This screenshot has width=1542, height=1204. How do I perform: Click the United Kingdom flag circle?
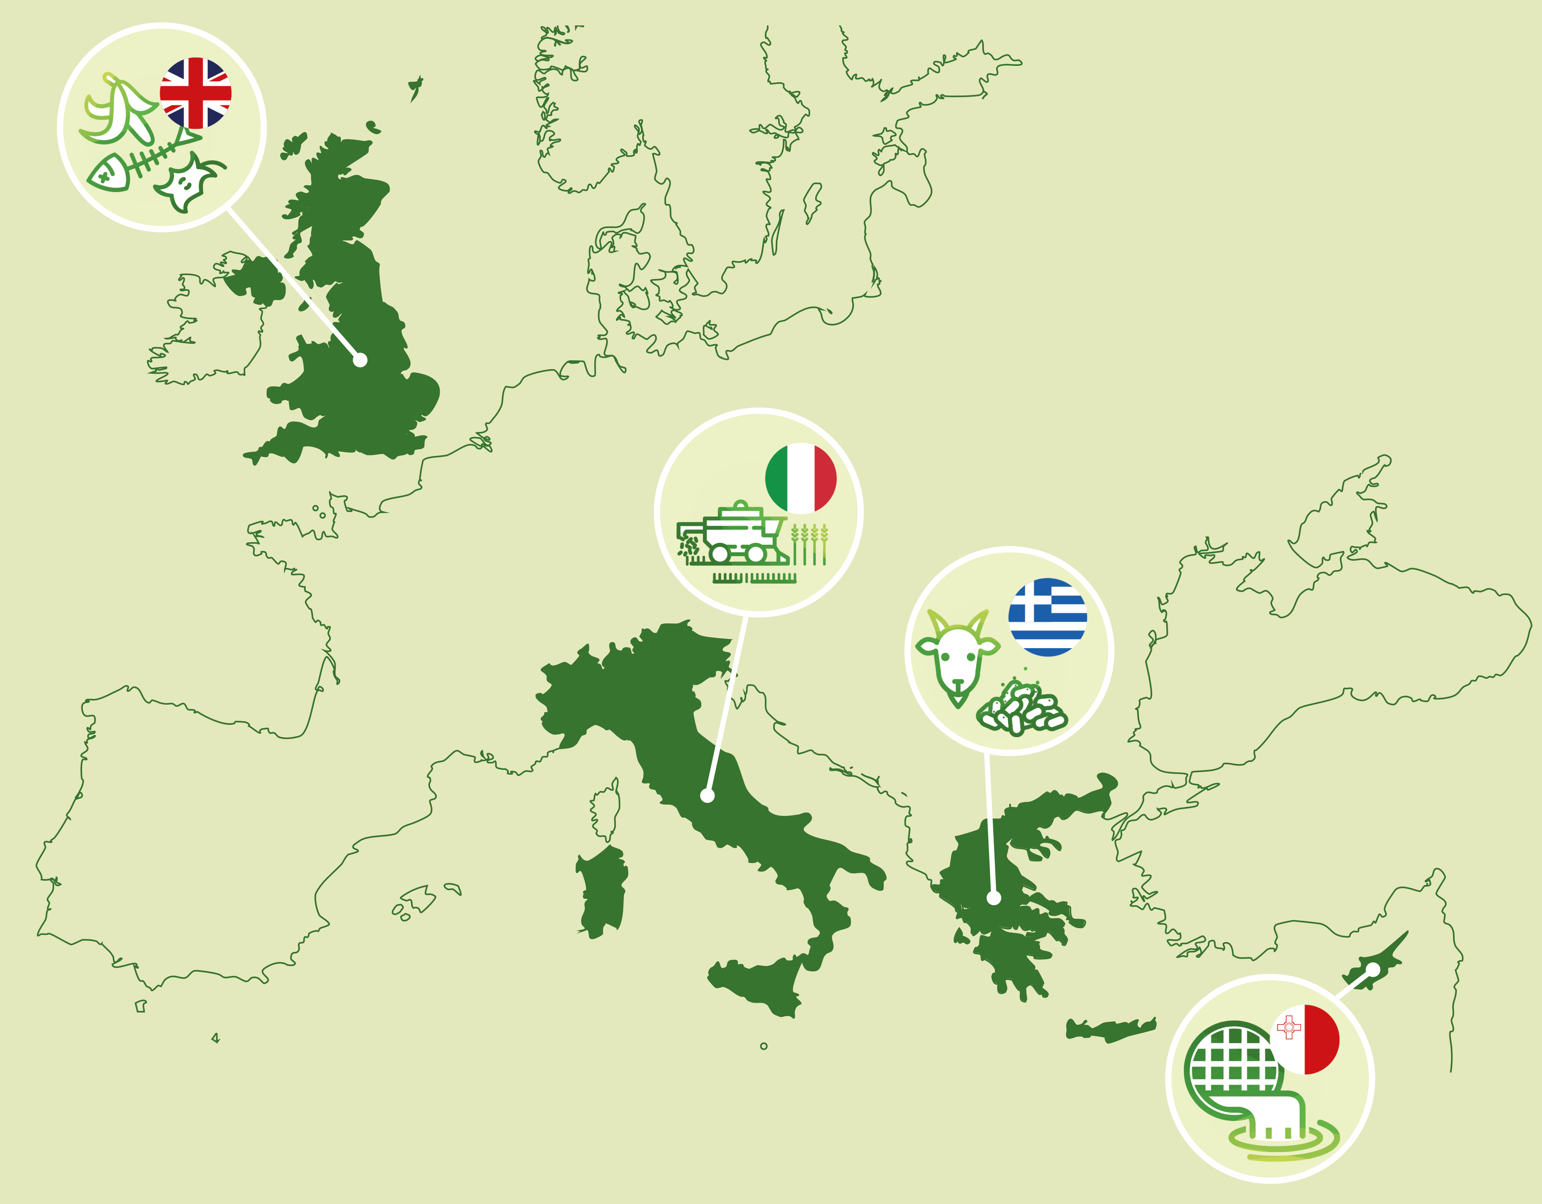[x=195, y=93]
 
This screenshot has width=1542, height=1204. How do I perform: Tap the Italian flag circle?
[x=801, y=479]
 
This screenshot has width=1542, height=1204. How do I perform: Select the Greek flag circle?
[x=1047, y=617]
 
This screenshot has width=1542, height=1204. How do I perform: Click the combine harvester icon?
[x=731, y=536]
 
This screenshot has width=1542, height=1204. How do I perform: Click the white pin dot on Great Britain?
[x=360, y=360]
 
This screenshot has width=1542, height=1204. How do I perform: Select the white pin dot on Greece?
[x=993, y=898]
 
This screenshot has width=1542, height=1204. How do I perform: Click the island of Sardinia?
[x=601, y=891]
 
